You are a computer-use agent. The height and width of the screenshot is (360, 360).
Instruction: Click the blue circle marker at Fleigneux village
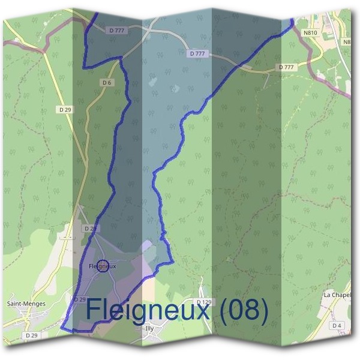103,266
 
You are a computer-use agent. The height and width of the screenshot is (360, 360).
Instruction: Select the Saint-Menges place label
26,304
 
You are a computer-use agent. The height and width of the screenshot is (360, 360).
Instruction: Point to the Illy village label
150,328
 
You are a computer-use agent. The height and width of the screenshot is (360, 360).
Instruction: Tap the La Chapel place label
337,295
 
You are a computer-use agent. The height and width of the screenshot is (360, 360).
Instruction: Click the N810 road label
310,34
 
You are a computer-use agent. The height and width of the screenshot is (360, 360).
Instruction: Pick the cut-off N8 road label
347,42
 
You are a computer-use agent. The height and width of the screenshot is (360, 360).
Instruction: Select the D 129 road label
205,301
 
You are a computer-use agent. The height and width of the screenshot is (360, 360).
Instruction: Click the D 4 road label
337,325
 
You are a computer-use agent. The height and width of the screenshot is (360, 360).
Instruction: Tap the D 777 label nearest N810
287,67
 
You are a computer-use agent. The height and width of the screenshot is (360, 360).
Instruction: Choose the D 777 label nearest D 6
116,30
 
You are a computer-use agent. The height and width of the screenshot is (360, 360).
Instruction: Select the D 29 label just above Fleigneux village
90,229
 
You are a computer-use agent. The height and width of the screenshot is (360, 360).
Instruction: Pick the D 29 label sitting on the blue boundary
79,299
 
